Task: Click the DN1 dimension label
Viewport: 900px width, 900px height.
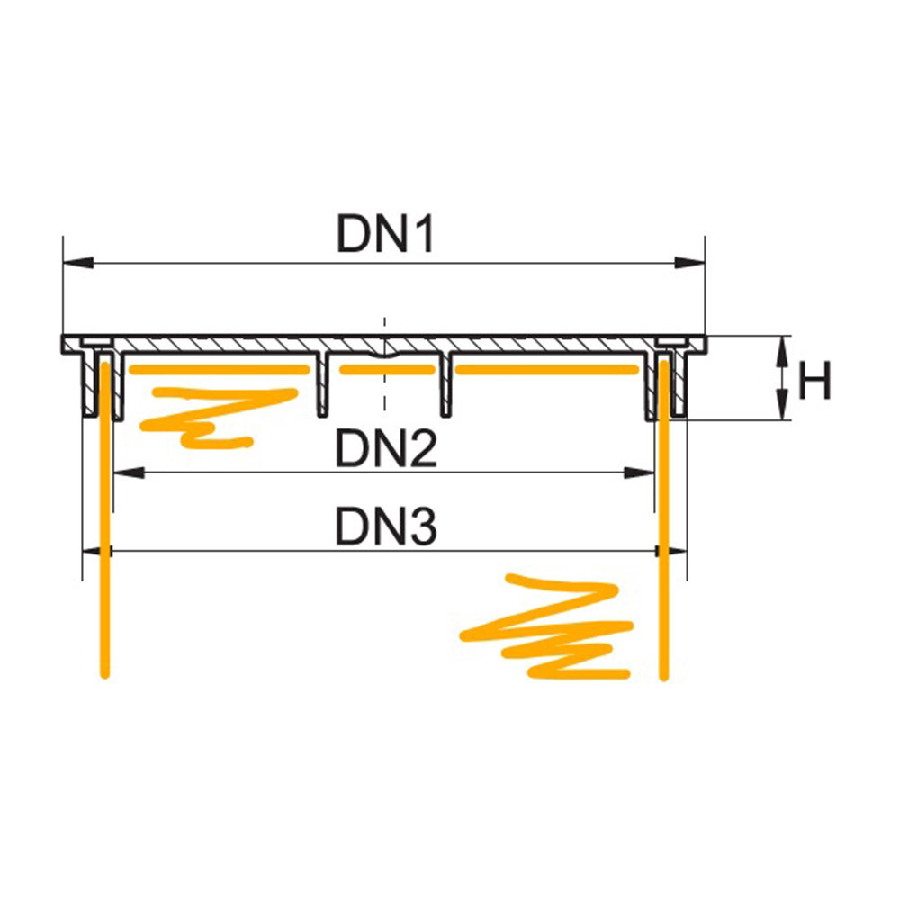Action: tap(386, 237)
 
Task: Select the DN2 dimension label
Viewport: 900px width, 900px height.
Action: tap(386, 447)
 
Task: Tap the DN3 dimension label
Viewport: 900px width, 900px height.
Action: tap(386, 526)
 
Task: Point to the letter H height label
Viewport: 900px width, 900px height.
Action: tap(814, 383)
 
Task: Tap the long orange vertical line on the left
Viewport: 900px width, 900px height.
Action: tap(105, 540)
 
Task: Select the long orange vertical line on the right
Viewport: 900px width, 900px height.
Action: tap(664, 540)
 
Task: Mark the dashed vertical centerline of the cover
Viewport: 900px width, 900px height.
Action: tap(384, 378)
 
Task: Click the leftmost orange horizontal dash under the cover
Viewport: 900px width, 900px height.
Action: tap(216, 370)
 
